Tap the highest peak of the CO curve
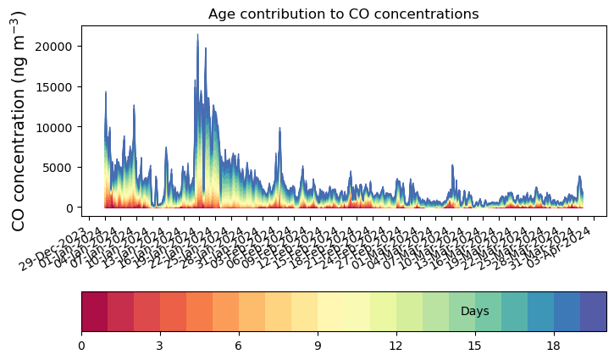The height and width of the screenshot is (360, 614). [x=197, y=36]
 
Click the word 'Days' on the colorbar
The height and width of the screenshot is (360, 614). [x=474, y=312]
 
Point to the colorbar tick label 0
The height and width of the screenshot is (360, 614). [x=81, y=345]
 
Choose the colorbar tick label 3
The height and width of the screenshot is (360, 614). [x=160, y=345]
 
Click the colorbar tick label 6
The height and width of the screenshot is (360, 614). [x=239, y=345]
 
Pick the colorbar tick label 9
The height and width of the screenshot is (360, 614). [x=318, y=345]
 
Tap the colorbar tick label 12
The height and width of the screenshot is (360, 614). [x=396, y=345]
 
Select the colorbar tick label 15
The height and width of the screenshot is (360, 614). [x=475, y=345]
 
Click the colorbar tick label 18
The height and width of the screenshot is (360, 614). [x=554, y=345]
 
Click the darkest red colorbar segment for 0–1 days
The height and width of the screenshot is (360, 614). [x=94, y=312]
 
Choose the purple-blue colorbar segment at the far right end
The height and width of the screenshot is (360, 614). [x=593, y=312]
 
